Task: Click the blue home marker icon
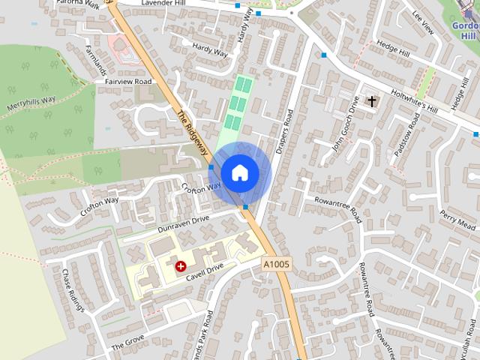239,172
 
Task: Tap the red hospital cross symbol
180,265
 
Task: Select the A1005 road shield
276,265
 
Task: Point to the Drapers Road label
283,133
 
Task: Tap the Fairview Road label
128,81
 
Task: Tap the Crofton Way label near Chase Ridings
100,206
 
